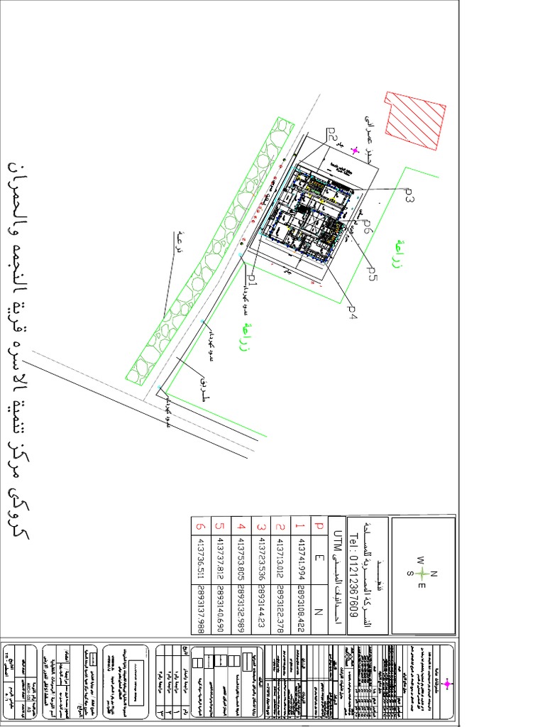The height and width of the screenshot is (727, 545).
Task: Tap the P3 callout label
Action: [x=408, y=196]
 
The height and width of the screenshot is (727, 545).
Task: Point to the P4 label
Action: [x=351, y=311]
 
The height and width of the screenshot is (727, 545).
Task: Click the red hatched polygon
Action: [x=416, y=121]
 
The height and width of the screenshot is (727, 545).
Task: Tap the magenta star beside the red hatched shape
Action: [x=355, y=150]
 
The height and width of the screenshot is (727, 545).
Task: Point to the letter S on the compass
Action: [x=409, y=574]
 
